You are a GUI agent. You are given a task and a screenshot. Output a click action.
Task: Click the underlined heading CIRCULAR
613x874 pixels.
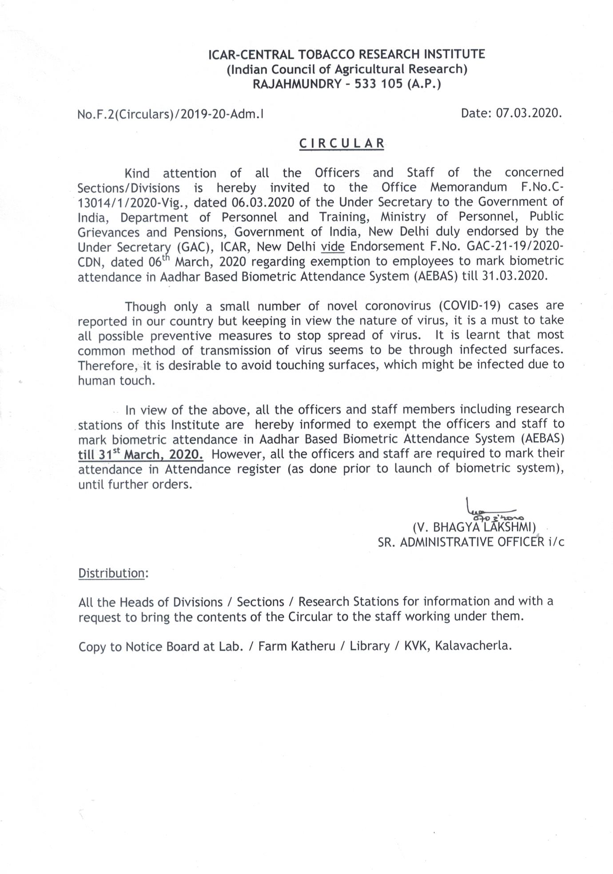[x=341, y=143]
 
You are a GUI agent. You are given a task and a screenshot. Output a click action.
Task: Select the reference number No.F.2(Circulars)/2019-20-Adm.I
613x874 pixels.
[x=170, y=115]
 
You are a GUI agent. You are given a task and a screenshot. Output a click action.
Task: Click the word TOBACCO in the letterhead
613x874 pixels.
[x=324, y=55]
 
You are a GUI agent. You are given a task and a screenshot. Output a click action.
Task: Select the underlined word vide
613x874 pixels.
[x=333, y=246]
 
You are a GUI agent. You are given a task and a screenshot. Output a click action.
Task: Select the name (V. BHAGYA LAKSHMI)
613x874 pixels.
[x=474, y=527]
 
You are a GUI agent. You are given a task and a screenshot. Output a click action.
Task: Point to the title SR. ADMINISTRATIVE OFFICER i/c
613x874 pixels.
[x=471, y=542]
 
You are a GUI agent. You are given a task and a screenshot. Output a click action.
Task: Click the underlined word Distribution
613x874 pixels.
[x=111, y=573]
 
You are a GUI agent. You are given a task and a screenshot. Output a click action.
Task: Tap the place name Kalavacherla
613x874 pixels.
[x=473, y=645]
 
